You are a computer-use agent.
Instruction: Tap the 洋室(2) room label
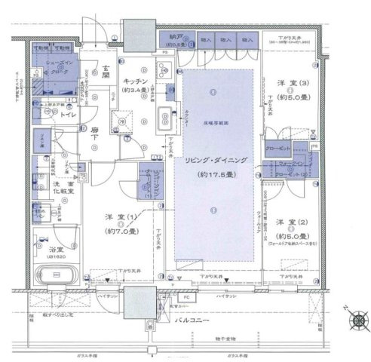tap(291, 223)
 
